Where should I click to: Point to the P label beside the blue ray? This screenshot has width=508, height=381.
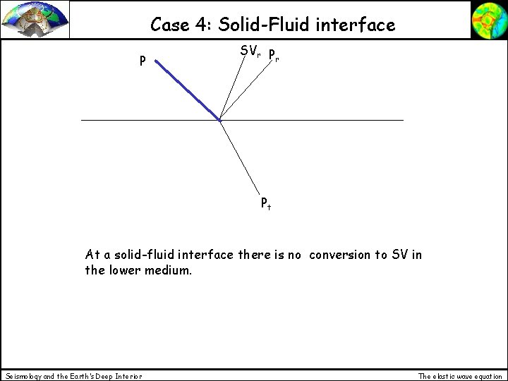tap(143, 61)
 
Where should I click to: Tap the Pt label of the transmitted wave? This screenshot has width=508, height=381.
tap(266, 205)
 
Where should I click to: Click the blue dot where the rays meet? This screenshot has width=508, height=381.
tap(219, 121)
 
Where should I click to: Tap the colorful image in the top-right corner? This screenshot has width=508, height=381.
tap(488, 19)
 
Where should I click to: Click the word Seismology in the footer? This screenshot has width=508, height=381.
tap(24, 376)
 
